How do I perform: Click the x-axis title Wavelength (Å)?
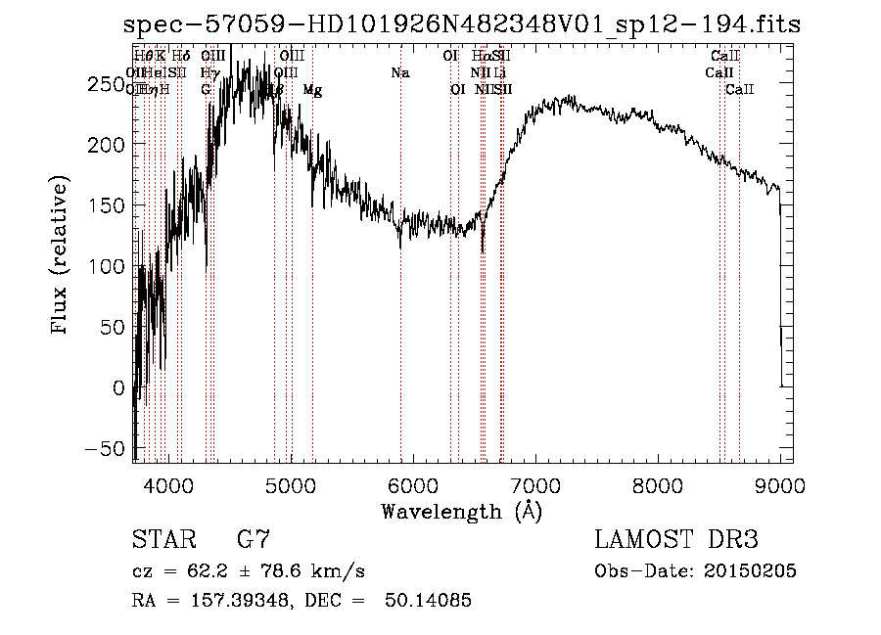coord(461,511)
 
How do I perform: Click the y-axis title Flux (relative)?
coord(60,256)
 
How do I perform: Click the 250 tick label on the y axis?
coord(110,84)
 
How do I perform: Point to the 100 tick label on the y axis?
coord(110,266)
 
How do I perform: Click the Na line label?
coord(399,73)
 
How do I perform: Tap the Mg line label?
coord(312,90)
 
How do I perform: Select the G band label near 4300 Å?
coord(206,90)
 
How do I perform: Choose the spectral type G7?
coord(253,540)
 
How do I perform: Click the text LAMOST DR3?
coord(676,540)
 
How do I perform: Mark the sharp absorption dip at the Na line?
coord(399,245)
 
